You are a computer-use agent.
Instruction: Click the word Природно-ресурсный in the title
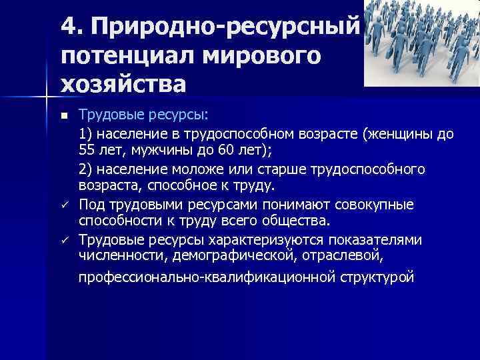click(x=226, y=26)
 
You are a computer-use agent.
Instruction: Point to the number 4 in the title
click(x=68, y=26)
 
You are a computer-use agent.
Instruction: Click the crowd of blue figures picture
click(x=421, y=43)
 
